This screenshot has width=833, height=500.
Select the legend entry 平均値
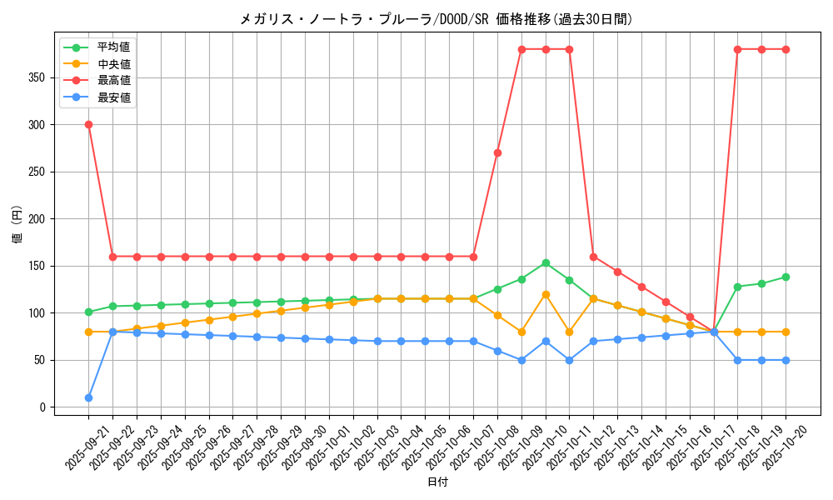tap(113, 47)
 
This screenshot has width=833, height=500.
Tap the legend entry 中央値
tap(113, 64)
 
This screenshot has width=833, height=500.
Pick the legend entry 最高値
tap(113, 81)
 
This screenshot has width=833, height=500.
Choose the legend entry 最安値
tap(113, 97)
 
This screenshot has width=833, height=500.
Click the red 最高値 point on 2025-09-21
tap(88, 124)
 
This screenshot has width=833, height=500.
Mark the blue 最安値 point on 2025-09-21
tap(88, 397)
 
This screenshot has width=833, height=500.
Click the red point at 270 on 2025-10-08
tap(497, 152)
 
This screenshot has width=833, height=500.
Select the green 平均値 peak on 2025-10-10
tap(546, 262)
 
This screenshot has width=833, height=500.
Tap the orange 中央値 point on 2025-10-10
tap(546, 294)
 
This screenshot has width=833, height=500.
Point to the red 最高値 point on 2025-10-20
tap(786, 49)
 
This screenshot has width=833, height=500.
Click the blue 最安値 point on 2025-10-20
tap(786, 360)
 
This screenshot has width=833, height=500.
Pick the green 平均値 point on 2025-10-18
tap(737, 287)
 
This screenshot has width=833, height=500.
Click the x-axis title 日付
tap(437, 482)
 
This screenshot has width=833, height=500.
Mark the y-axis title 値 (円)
tap(17, 225)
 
